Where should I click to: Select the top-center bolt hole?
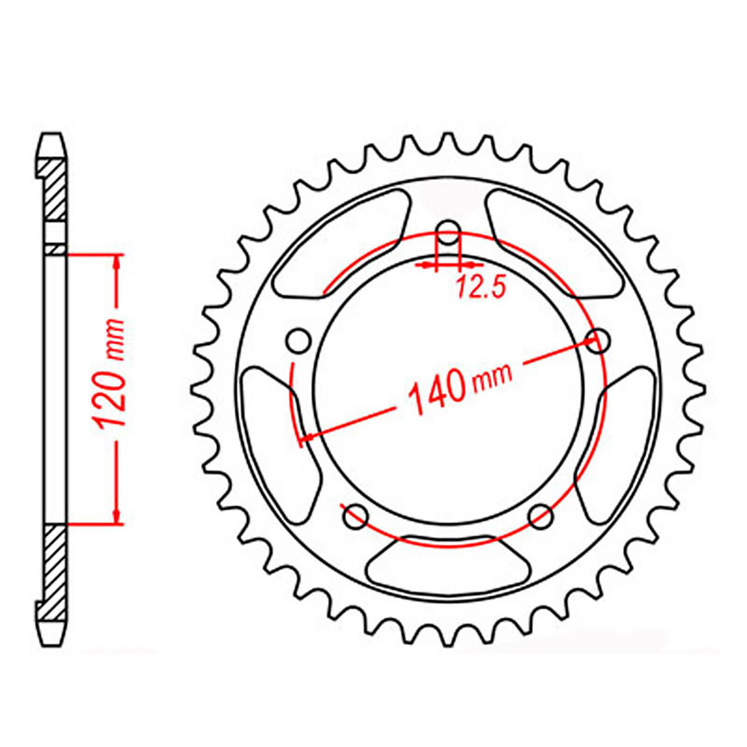click(x=449, y=233)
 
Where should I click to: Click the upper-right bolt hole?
click(x=598, y=341)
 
